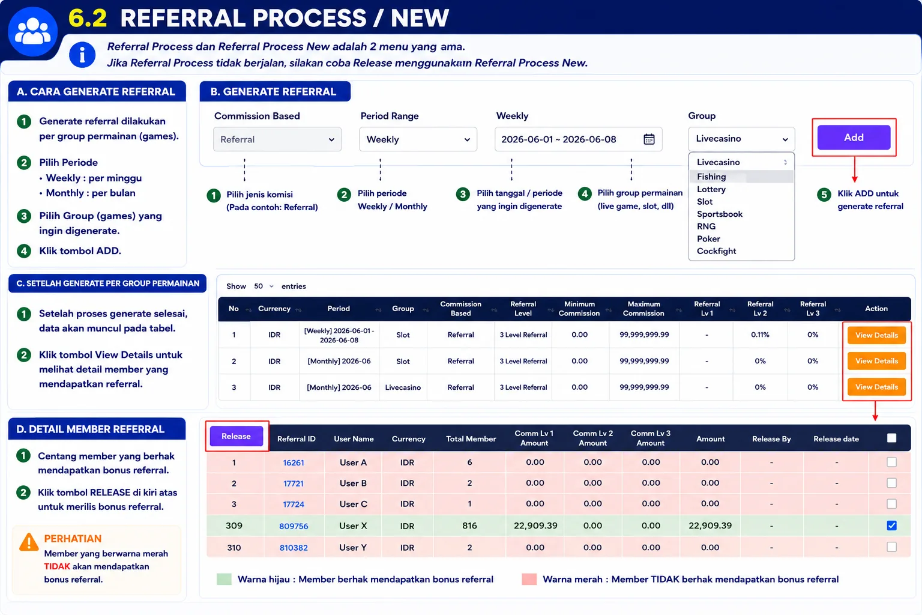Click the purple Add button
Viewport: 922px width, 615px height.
coord(854,137)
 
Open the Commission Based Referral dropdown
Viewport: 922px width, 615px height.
coord(277,139)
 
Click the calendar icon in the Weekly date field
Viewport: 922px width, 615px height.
coord(649,139)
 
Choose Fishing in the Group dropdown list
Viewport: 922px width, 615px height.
coord(711,177)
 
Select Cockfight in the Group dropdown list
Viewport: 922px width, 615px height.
coord(716,251)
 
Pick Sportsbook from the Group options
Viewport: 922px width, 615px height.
coord(720,214)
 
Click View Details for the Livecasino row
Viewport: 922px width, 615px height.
coord(876,387)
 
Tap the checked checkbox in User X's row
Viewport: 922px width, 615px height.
coord(891,525)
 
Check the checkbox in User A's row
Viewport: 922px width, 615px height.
coord(891,462)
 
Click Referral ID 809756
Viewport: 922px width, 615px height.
coord(294,526)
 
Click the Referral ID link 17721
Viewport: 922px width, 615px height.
coord(294,483)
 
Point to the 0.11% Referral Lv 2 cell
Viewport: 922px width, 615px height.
coord(760,335)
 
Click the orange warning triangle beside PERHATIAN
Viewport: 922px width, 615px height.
coord(29,542)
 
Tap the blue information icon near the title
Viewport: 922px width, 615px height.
coord(82,55)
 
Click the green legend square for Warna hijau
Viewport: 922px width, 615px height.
coord(224,579)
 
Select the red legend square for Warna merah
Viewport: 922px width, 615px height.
coord(529,579)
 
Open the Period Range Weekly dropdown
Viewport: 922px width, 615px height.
coord(418,139)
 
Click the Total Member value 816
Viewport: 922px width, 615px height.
coord(469,526)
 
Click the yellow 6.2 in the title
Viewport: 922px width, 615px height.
coord(88,18)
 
